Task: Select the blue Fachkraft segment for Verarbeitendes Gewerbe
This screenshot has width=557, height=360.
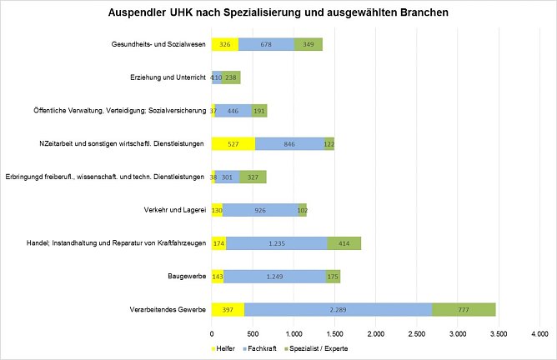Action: coord(338,310)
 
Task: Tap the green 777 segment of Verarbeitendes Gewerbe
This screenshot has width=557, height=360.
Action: coord(464,310)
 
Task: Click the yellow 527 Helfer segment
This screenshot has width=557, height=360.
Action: coord(233,143)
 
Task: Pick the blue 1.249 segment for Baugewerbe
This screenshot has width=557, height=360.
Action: coord(274,277)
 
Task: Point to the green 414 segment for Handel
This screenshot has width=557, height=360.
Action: coord(344,243)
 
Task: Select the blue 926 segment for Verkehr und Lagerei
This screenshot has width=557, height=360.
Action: coord(260,210)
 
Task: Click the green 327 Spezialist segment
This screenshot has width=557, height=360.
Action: coord(253,177)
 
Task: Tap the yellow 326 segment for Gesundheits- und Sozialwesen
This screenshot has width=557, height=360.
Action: coord(224,44)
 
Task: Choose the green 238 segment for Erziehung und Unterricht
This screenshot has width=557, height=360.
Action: coord(231,77)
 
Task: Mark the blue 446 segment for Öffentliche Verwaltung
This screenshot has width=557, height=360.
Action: coord(233,110)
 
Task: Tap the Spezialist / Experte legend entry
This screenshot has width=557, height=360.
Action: coord(317,347)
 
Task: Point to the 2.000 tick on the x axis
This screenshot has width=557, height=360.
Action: coord(375,334)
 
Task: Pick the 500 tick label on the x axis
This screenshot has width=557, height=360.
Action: coord(252,334)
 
